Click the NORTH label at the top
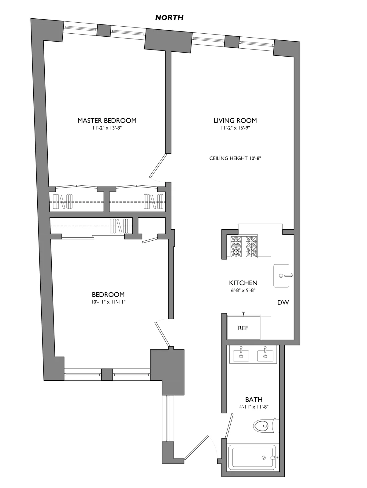click(169, 18)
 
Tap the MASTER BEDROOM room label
click(107, 120)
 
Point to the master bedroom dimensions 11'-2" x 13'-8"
click(107, 128)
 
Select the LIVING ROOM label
click(235, 120)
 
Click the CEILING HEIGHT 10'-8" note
click(235, 158)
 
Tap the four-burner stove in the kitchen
click(243, 246)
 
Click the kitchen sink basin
click(281, 275)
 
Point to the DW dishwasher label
click(283, 303)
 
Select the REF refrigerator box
click(243, 327)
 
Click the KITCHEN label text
click(243, 283)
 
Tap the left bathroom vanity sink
click(241, 356)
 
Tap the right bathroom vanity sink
click(265, 356)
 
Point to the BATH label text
click(254, 399)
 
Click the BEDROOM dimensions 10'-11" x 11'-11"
click(108, 302)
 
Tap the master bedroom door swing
click(158, 166)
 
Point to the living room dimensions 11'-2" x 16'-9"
click(235, 128)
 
